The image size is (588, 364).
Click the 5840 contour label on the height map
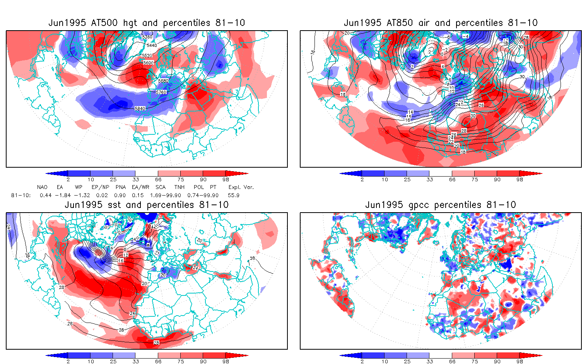[x=140, y=109]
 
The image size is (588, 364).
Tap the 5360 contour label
[x=147, y=37]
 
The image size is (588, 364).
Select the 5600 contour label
[x=148, y=63]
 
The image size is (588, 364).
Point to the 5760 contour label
[x=161, y=93]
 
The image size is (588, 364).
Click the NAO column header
[x=42, y=187]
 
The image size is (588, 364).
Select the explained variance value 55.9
[x=233, y=196]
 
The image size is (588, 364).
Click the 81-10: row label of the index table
[x=19, y=196]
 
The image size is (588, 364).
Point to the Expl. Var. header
[x=241, y=187]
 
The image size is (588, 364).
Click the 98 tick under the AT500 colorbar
[x=226, y=180]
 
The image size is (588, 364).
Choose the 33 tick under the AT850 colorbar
[x=429, y=180]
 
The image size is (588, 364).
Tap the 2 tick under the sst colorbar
[x=68, y=362]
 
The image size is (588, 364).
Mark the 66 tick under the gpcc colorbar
[x=452, y=362]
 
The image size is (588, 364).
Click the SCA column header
[x=161, y=187]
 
